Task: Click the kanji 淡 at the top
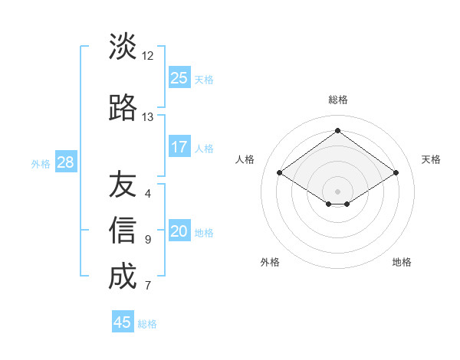(123, 47)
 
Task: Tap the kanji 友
(123, 185)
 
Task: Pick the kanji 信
(123, 231)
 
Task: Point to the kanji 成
(123, 277)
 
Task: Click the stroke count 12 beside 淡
(147, 56)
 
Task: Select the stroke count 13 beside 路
(147, 117)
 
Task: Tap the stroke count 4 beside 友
(147, 194)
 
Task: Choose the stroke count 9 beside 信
(147, 240)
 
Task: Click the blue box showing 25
(179, 78)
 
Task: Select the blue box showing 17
(179, 147)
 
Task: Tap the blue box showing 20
(179, 232)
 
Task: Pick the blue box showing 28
(65, 162)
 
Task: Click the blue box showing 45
(123, 322)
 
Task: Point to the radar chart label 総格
(337, 100)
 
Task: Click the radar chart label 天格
(431, 159)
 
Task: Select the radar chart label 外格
(270, 262)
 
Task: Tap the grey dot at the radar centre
(337, 190)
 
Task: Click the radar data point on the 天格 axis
(396, 173)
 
